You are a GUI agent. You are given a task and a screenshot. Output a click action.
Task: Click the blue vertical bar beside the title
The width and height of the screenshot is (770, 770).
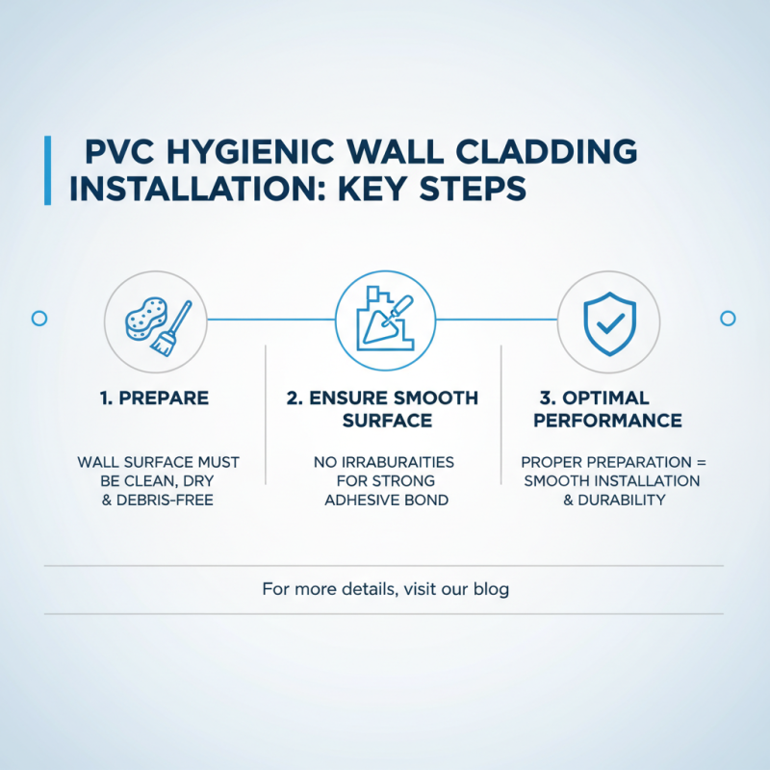tap(47, 170)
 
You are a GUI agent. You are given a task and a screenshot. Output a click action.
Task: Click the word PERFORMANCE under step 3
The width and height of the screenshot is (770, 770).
tap(607, 422)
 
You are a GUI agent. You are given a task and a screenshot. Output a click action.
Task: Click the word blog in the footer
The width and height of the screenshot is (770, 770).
tap(490, 588)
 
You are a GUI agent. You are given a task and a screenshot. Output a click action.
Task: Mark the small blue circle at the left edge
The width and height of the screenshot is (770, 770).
tap(39, 318)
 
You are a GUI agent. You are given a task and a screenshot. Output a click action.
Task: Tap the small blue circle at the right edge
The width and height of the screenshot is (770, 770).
tap(728, 318)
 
